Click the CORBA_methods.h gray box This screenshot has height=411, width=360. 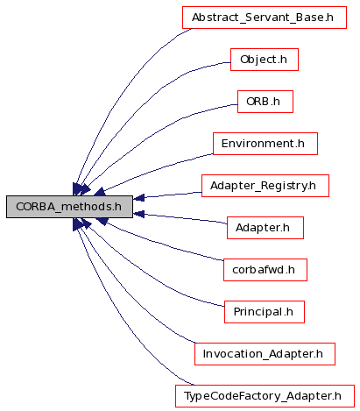[x=69, y=207]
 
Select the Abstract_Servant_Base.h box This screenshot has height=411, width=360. [x=265, y=18]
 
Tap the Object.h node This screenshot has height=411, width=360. [x=265, y=60]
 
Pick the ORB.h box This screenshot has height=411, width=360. [x=265, y=102]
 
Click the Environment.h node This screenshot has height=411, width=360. [x=265, y=144]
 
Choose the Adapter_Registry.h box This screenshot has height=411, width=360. [x=265, y=186]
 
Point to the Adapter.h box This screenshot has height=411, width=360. [x=265, y=228]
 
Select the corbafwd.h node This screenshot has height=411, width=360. [x=265, y=270]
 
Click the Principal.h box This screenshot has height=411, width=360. [x=265, y=312]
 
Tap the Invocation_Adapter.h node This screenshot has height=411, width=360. [x=265, y=354]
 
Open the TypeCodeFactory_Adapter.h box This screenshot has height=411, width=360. [x=265, y=396]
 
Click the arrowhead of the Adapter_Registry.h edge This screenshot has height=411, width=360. [x=138, y=198]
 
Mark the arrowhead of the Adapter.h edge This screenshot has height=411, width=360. [x=138, y=214]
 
